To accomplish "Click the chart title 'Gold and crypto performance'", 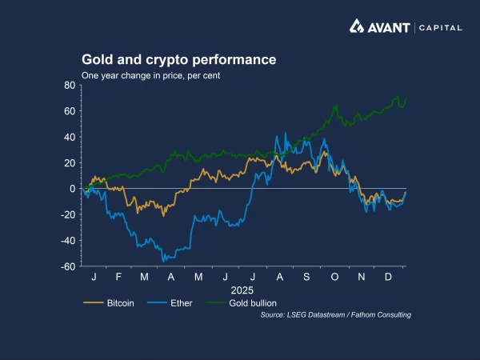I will tap(178, 60).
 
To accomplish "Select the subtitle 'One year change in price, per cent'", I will tap(150, 76).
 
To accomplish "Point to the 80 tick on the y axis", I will tap(70, 85).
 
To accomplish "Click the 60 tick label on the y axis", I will tap(70, 111).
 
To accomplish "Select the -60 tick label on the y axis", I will tap(69, 266).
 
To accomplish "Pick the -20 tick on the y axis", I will tap(69, 215).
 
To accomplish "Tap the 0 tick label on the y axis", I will tap(73, 189).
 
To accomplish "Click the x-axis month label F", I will tap(118, 276).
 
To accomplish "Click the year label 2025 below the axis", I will tap(242, 289).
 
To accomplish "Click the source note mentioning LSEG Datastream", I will tap(336, 315).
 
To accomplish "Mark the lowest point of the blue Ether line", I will tap(164, 261).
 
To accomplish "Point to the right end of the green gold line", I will tap(406, 99).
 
